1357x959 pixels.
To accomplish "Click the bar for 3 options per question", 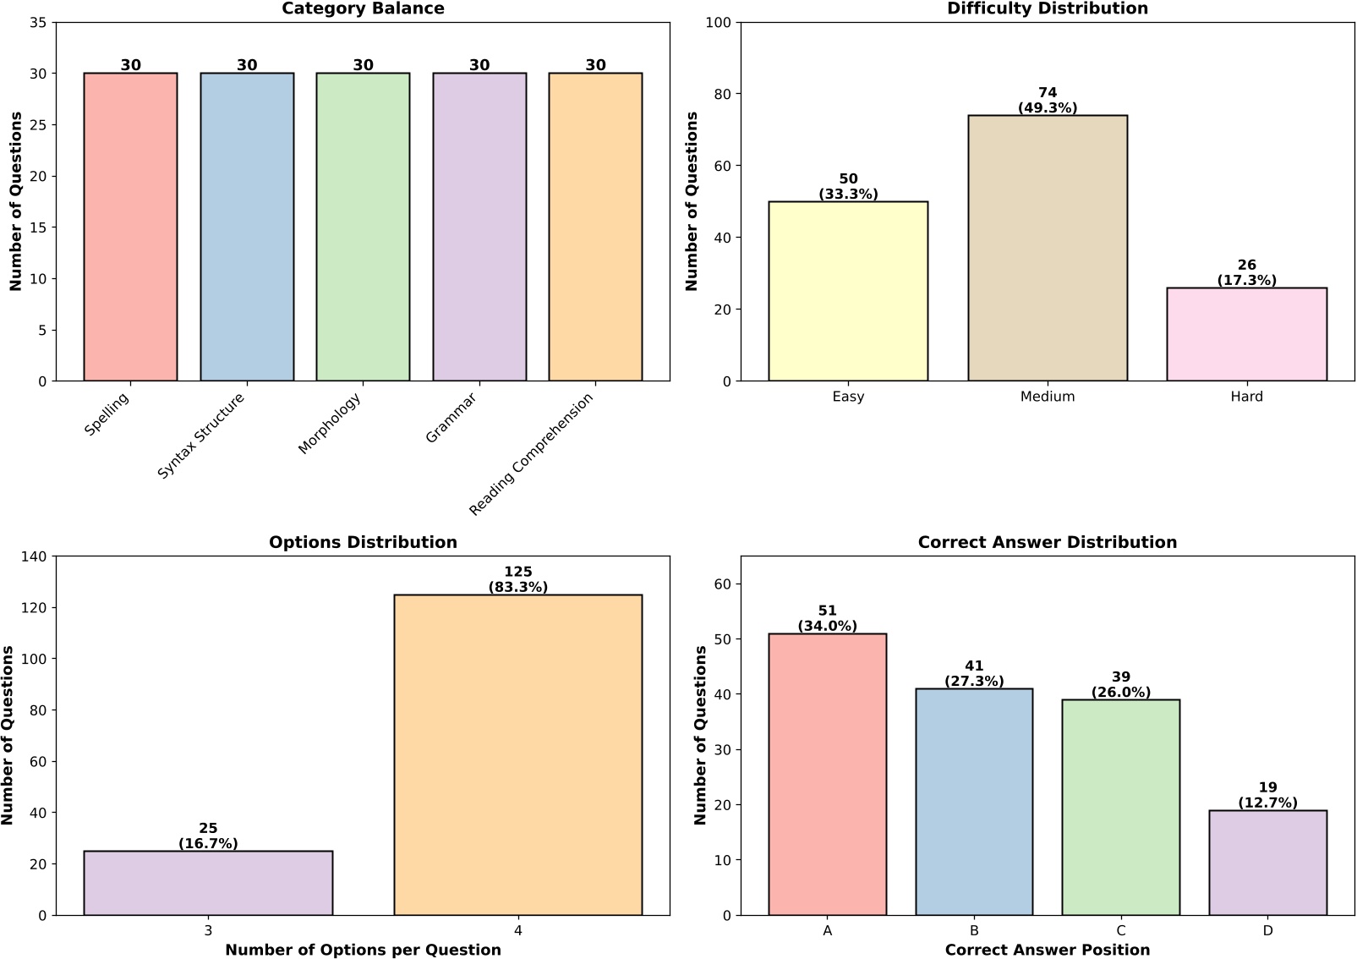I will [208, 883].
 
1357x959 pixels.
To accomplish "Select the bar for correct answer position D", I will [1267, 863].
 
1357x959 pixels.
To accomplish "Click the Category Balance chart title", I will [363, 8].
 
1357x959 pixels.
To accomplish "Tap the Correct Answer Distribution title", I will [1047, 542].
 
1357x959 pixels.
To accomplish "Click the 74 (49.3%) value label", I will [1047, 100].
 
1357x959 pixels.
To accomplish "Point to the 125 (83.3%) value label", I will [517, 579].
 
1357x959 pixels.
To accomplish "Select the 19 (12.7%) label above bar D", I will [1267, 795].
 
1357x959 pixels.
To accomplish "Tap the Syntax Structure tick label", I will [201, 436].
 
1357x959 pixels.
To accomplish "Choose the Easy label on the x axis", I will [848, 397].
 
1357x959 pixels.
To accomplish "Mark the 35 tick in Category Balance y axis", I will [38, 23].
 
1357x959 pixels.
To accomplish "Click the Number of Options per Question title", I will [363, 950].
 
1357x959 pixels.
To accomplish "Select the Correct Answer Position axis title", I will [1047, 950].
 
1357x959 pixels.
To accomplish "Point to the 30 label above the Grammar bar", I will [479, 65].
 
